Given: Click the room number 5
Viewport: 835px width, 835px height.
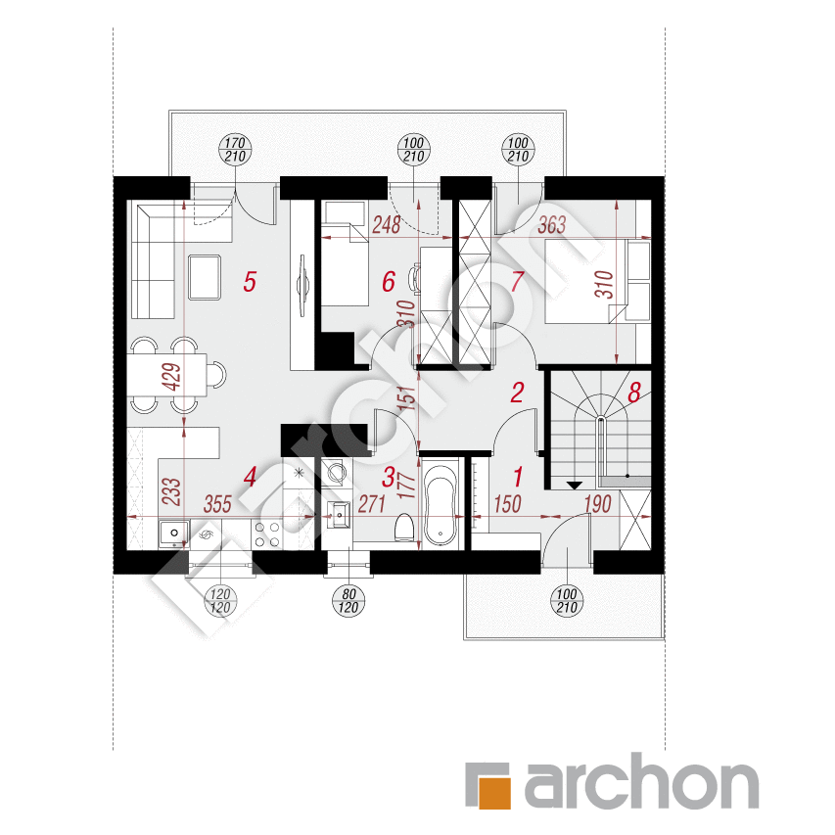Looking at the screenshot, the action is pos(250,281).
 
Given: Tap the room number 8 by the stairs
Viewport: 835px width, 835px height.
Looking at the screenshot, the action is pos(633,393).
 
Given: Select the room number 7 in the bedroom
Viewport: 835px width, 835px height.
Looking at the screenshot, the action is pos(517,281).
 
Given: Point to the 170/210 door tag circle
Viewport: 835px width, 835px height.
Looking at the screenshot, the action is pos(235,150).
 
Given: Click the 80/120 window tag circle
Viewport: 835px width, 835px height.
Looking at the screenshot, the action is pos(348,601).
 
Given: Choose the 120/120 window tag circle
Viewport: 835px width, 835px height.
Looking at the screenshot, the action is pos(220,601).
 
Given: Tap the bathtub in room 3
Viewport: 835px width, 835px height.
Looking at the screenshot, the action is pos(440,504).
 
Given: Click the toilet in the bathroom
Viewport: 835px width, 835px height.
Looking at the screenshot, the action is pos(405,528).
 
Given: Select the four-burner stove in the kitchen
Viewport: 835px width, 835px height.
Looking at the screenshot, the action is pos(267,534).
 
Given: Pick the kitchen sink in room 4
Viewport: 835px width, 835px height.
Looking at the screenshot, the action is pos(174,533).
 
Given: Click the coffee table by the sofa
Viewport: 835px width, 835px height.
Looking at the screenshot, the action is pos(205,277).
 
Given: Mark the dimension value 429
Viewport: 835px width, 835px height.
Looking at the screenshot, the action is pos(173,377).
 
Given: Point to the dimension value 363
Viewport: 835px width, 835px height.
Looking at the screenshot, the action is pos(551,225).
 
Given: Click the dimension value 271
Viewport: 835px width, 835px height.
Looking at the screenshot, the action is pos(371,504).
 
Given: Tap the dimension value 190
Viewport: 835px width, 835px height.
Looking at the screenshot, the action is pos(597,504).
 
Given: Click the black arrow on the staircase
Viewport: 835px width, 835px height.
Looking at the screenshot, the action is pos(574,486).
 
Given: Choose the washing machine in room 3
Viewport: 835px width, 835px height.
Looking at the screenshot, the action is pos(337,471).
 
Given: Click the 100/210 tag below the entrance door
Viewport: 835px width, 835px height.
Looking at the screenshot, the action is pos(567,601).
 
